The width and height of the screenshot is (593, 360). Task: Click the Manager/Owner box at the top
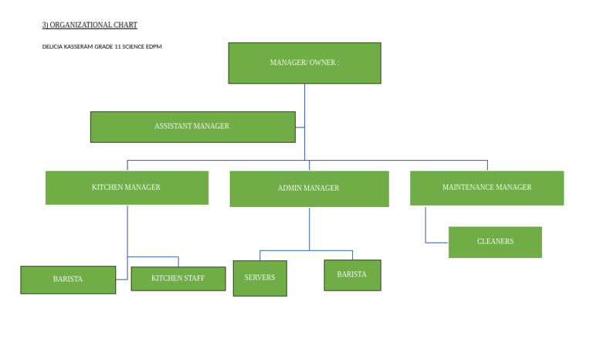tap(304, 63)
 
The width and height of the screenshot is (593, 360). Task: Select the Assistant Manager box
tap(192, 127)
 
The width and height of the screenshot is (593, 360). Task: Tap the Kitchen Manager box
tap(127, 188)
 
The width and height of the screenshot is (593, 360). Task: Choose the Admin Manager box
tap(309, 188)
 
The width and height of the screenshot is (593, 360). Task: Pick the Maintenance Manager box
tap(486, 188)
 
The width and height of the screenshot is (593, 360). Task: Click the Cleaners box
tap(495, 242)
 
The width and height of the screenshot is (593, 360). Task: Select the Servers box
tap(259, 278)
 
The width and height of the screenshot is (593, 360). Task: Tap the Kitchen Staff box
tap(178, 278)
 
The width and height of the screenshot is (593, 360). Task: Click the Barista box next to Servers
tap(352, 275)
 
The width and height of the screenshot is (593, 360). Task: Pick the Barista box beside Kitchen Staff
tap(68, 280)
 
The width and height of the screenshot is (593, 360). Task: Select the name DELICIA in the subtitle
tap(53, 47)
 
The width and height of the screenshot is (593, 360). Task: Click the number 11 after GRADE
tap(117, 47)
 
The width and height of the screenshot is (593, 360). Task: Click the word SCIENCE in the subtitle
tap(134, 47)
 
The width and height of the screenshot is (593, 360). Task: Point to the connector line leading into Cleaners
tap(426, 232)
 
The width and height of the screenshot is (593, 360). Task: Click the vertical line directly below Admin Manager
tap(310, 228)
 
